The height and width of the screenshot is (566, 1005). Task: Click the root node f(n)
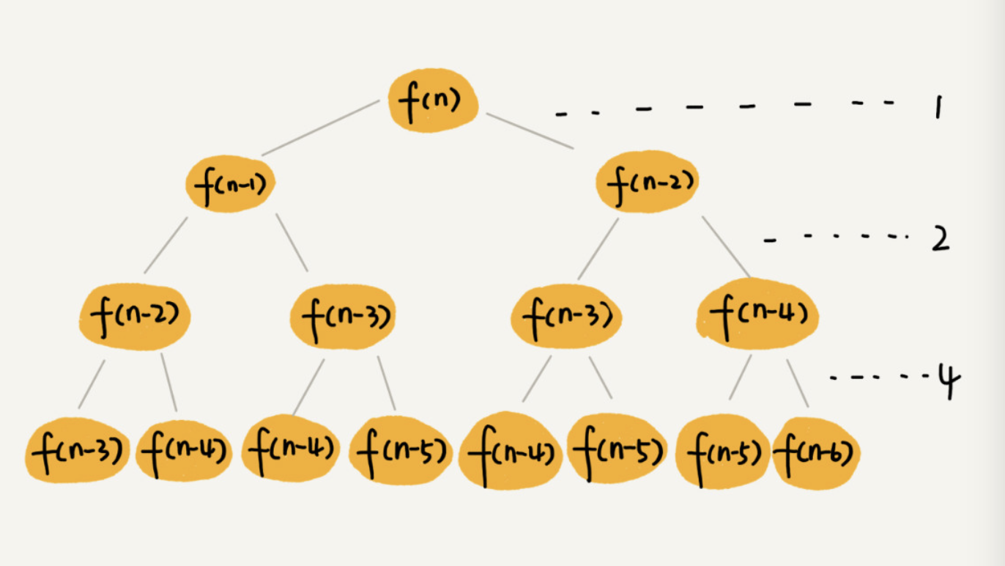click(433, 100)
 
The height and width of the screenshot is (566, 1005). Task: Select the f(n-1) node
click(229, 183)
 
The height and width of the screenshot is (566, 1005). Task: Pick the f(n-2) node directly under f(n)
click(647, 182)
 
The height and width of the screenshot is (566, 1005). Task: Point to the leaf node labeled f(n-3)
click(78, 449)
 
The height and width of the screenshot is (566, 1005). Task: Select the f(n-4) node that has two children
click(757, 315)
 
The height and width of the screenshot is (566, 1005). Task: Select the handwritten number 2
click(940, 240)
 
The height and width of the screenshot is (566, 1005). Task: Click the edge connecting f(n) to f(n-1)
click(320, 128)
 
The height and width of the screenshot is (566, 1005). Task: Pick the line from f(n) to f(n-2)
click(530, 131)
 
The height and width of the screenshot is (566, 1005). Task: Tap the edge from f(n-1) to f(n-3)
click(292, 243)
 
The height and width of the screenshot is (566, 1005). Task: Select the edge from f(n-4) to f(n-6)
click(798, 383)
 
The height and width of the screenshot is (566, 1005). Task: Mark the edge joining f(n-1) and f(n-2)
click(166, 245)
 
